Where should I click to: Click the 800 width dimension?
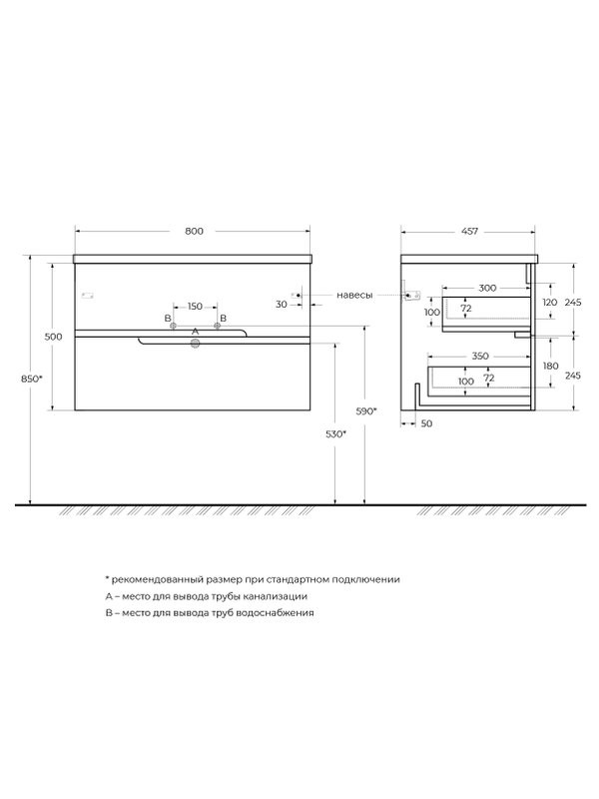[194, 231]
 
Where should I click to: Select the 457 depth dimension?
[469, 231]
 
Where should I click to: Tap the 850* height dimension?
[31, 379]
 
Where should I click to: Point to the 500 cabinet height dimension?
[53, 337]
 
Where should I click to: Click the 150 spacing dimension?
[195, 307]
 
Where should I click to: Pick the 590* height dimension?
[365, 411]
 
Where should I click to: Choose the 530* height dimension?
[335, 434]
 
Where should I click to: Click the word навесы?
[354, 295]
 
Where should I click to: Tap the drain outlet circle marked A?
[195, 344]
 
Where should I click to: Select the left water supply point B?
[173, 326]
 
